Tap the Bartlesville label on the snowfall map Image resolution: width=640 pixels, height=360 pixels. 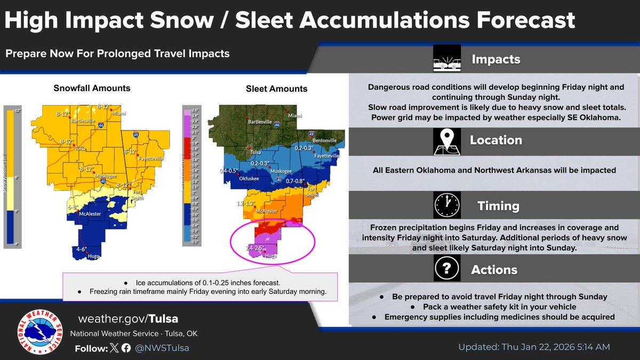click(85, 121)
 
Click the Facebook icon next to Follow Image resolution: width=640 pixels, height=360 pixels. click(126, 348)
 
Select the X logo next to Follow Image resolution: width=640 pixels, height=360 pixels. click(115, 348)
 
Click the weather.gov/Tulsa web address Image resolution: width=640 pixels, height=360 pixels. click(128, 319)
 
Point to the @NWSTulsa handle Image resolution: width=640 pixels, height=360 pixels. click(162, 348)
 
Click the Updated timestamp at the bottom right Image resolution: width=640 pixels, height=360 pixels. click(534, 347)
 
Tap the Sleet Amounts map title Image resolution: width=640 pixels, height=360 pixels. click(276, 89)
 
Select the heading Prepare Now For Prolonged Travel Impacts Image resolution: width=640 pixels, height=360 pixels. click(117, 53)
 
